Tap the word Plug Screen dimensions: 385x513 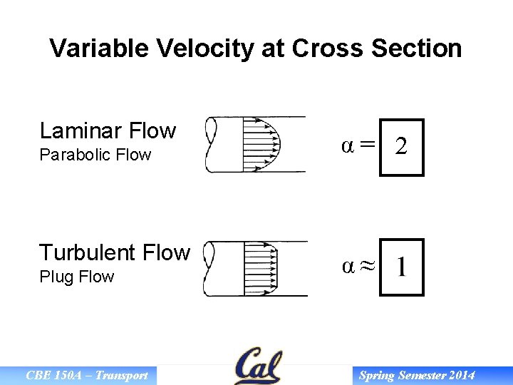click(x=55, y=277)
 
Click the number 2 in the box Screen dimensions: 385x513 click(x=401, y=147)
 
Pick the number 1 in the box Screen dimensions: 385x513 click(x=402, y=267)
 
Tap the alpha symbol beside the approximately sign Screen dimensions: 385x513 click(x=348, y=267)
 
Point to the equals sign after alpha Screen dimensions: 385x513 click(x=366, y=145)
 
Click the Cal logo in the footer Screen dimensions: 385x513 click(x=258, y=366)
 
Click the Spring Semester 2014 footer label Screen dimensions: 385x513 click(x=417, y=376)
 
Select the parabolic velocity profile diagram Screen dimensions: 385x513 click(x=256, y=145)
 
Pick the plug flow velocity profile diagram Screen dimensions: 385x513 click(x=256, y=268)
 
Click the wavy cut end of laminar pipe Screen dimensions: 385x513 click(x=210, y=145)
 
